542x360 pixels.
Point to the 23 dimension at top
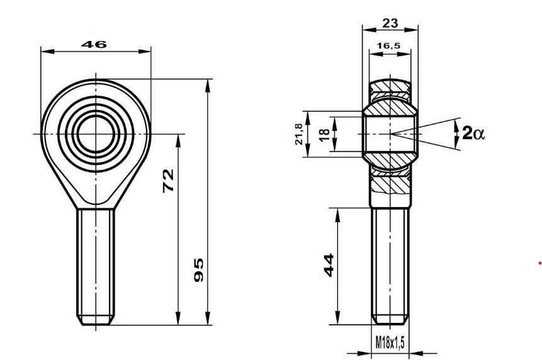[x=390, y=23]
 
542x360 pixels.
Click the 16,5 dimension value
[x=389, y=46]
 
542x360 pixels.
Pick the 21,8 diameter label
[x=300, y=134]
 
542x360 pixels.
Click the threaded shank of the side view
[x=391, y=264]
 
